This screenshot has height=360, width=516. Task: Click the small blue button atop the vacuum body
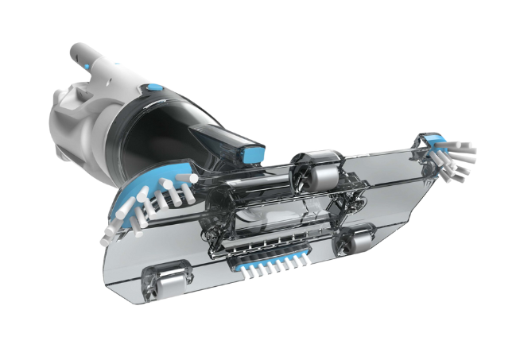pyautogui.click(x=153, y=88)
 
